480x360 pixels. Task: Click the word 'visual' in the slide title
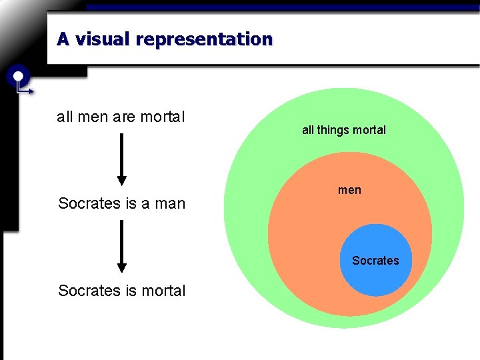click(x=103, y=39)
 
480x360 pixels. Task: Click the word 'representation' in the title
click(x=203, y=39)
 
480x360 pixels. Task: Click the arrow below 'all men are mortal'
click(x=121, y=159)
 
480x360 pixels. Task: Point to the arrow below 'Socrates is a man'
click(x=121, y=245)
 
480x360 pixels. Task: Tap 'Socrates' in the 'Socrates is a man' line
click(x=89, y=203)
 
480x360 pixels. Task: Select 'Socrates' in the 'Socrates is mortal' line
click(x=89, y=291)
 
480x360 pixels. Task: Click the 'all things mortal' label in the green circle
click(x=344, y=130)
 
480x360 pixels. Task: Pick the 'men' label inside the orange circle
click(x=349, y=190)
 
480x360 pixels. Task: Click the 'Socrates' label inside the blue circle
click(x=375, y=261)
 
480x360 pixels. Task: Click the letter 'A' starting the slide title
click(x=63, y=39)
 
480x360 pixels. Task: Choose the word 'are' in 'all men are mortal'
click(x=124, y=117)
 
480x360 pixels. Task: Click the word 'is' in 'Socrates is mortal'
click(x=129, y=291)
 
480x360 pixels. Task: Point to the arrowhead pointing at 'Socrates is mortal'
click(x=121, y=268)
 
